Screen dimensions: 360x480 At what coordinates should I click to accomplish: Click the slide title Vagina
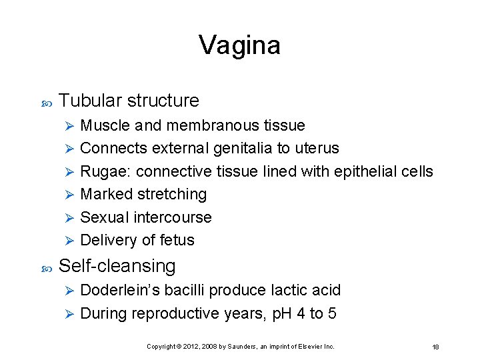point(239,45)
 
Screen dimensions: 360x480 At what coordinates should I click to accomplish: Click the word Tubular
point(91,101)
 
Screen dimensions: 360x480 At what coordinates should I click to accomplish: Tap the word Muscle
point(105,125)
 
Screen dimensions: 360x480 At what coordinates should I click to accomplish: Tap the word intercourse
point(173,217)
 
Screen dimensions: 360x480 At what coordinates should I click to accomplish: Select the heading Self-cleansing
point(117,266)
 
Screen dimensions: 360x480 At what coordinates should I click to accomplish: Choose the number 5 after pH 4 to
point(331,313)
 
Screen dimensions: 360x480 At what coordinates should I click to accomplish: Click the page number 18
point(435,347)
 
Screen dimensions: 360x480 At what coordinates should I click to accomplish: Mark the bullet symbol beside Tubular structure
point(46,102)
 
